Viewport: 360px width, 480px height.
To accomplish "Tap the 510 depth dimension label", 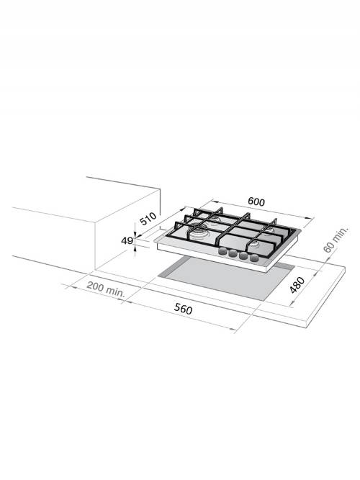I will coord(148,217).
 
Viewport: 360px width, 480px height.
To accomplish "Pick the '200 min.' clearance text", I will coord(105,291).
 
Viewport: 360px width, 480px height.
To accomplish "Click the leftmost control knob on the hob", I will coord(223,253).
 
